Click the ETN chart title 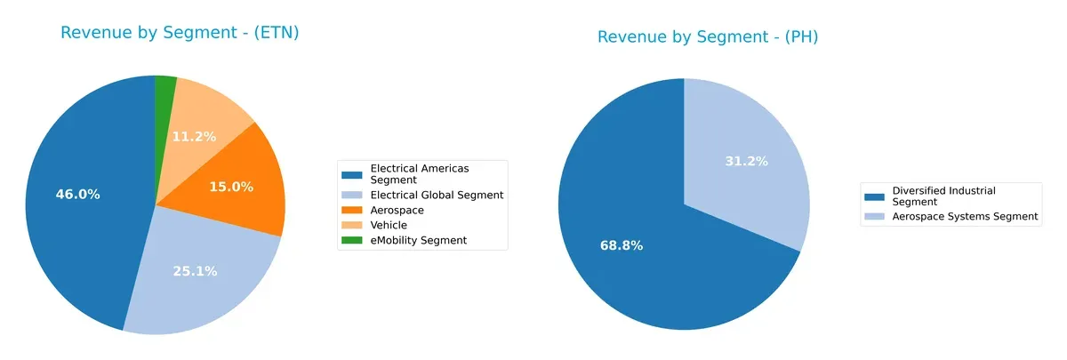pos(180,33)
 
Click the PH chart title pos(707,37)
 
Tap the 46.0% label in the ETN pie pos(77,194)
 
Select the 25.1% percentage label pos(195,271)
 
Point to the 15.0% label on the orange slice pos(231,187)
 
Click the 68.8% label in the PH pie pos(621,245)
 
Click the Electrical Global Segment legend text pos(437,195)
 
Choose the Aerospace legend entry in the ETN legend pos(397,210)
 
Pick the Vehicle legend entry pos(389,225)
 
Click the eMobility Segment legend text pos(418,240)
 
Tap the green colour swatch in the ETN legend pos(353,240)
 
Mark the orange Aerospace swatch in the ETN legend pos(353,210)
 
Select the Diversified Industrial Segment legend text pos(943,196)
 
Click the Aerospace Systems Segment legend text pos(965,216)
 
